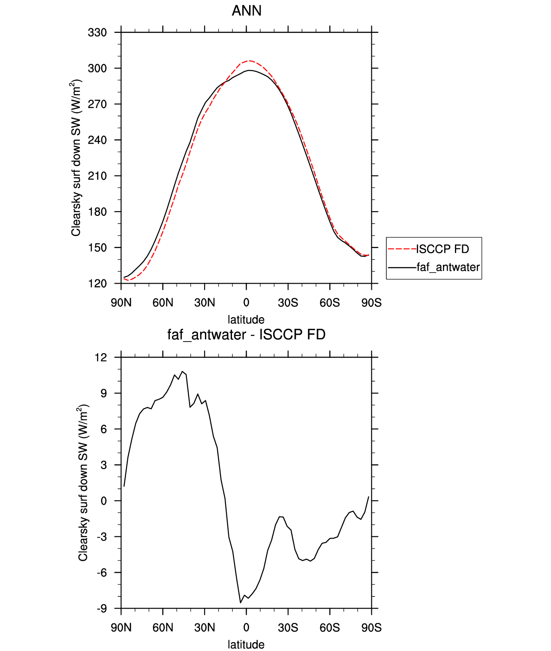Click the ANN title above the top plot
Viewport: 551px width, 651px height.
coord(247,11)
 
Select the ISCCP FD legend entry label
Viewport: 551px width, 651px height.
coord(443,249)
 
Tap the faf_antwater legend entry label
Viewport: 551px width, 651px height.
coord(448,267)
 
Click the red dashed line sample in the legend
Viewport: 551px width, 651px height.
coord(402,249)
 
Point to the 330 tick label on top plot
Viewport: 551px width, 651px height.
coord(97,33)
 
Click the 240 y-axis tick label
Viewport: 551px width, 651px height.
coord(97,140)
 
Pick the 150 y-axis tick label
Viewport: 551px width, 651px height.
coord(97,248)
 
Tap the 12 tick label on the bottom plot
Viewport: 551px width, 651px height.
coord(101,357)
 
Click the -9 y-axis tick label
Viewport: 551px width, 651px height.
coord(101,609)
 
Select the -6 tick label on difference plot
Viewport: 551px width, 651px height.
coord(101,573)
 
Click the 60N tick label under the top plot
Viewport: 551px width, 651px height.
coord(163,303)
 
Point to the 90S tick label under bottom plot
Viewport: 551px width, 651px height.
coord(371,628)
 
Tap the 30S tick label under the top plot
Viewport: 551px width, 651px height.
coord(288,303)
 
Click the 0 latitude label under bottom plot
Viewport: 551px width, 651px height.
coord(246,628)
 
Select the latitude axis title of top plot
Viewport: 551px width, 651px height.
coord(246,320)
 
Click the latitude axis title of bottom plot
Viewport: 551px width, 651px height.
coord(246,645)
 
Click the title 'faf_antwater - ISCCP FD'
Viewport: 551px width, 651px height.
coord(246,334)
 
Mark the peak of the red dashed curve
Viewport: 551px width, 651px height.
coord(249,61)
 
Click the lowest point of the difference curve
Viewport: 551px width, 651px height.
coord(241,603)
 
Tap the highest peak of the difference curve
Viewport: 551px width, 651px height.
coord(182,371)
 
